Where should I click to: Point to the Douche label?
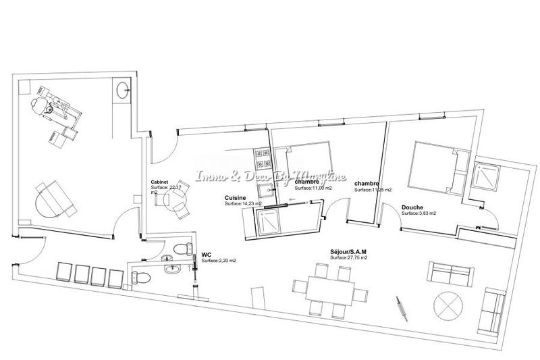pyautogui.click(x=412, y=207)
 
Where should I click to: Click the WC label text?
pyautogui.click(x=207, y=255)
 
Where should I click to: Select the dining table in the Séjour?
pyautogui.click(x=332, y=290)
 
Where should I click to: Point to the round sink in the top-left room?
pyautogui.click(x=122, y=89)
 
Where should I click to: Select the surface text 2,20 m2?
pyautogui.click(x=219, y=261)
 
